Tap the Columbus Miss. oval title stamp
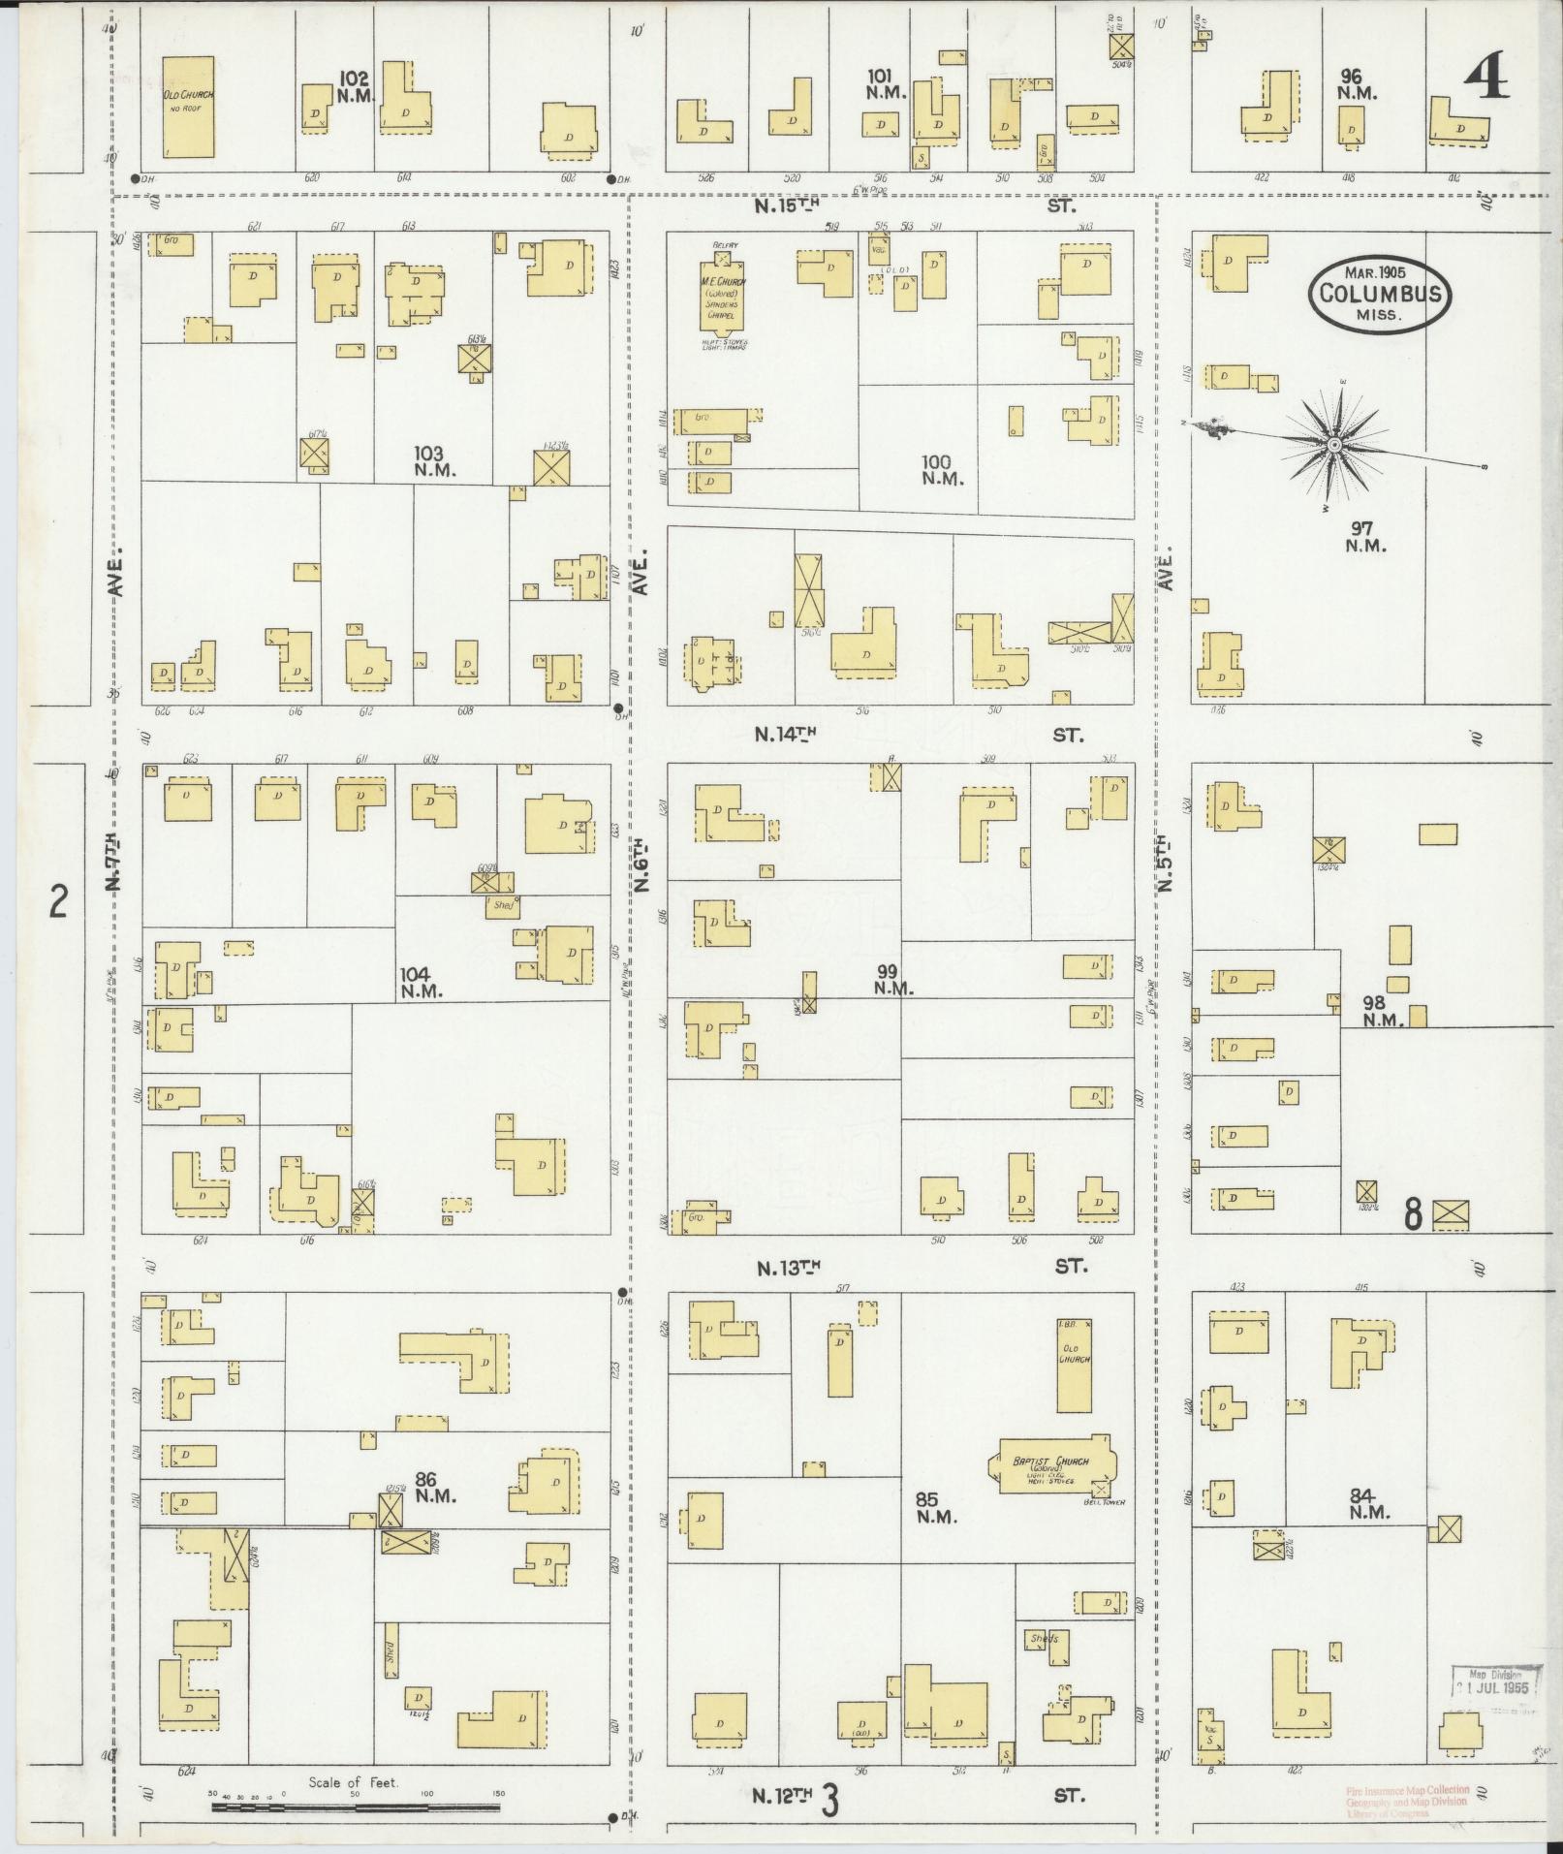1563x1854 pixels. tap(1381, 293)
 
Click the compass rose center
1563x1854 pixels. tap(1334, 444)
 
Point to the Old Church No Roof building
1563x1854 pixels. tap(188, 107)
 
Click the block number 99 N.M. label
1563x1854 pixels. tap(892, 979)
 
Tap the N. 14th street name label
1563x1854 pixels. tap(785, 735)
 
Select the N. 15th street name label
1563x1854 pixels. tap(789, 205)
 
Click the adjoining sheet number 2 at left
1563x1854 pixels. tap(59, 904)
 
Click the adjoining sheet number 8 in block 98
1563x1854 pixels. tap(1413, 1213)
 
